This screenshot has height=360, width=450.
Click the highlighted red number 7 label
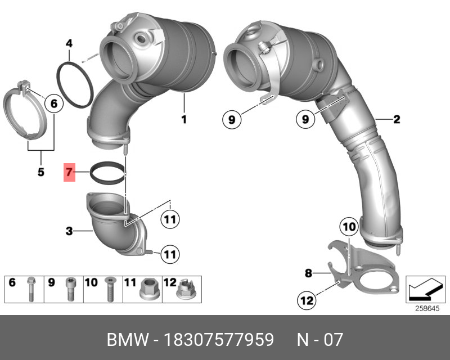tap(69, 172)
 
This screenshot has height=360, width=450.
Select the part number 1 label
tap(183, 119)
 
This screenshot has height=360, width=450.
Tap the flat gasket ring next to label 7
tap(107, 172)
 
